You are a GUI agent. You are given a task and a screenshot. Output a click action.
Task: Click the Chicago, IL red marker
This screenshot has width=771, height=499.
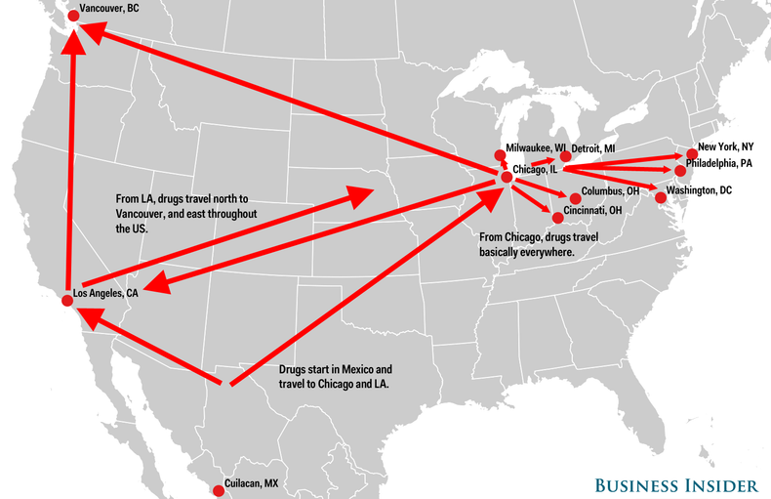click(x=506, y=177)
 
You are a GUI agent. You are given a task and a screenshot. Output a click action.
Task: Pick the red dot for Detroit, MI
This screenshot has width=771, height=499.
click(x=565, y=156)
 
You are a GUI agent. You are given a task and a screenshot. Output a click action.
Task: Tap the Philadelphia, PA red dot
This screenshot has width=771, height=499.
click(x=680, y=171)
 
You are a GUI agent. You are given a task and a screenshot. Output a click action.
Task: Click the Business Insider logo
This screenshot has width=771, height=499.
click(x=677, y=485)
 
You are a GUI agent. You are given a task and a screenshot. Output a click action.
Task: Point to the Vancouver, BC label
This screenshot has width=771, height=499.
click(x=110, y=7)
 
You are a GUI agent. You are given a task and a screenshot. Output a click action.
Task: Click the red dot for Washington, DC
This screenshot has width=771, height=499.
click(x=661, y=198)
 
